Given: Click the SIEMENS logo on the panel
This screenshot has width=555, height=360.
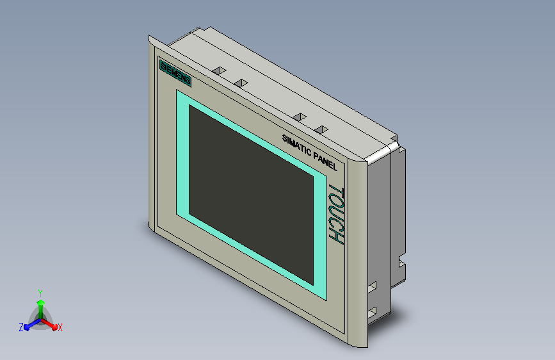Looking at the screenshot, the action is pos(175,74).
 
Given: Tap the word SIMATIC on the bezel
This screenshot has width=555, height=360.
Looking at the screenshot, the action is pos(297,145).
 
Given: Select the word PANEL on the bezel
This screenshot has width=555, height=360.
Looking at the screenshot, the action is pos(326,162).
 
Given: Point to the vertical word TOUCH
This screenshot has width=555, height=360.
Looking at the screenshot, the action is pos(336,214).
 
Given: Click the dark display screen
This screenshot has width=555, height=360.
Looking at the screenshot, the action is pos(251,195).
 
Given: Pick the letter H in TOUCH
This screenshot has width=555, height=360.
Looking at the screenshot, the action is pos(336,237).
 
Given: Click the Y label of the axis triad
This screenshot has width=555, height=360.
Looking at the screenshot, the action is pos(40,293).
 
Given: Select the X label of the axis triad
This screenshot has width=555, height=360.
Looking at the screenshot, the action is pos(60,328).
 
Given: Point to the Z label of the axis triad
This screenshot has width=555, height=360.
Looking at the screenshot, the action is pos(21,327).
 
